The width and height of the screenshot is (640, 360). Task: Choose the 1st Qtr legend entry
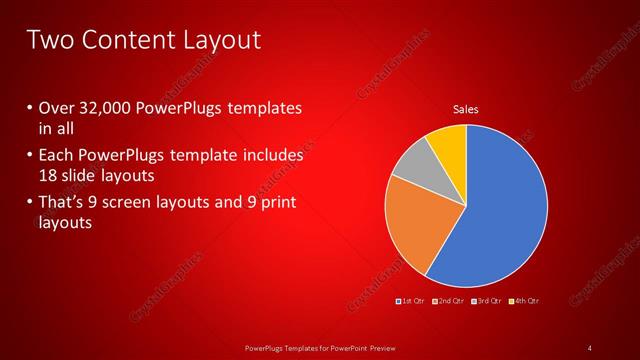tap(412, 301)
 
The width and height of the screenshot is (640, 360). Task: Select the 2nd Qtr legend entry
tap(449, 301)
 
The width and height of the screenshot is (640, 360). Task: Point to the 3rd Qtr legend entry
tap(487, 301)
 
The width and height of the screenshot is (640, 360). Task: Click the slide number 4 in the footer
tap(590, 347)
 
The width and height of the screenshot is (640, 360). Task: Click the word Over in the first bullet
tap(56, 108)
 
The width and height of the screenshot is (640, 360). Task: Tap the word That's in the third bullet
tap(63, 203)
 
